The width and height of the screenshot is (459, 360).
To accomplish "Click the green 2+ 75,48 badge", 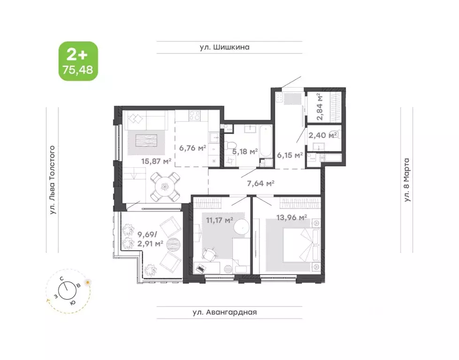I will point(78,61).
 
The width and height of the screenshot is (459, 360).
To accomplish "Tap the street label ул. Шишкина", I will point(229,47).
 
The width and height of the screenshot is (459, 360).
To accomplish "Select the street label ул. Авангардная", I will point(229,312).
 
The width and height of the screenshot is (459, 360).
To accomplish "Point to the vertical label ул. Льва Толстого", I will point(53,180).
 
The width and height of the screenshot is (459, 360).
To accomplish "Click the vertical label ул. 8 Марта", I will point(407,180).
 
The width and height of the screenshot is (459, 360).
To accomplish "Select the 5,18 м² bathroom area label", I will point(245,151).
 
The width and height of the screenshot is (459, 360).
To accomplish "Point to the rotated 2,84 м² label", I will point(320,107).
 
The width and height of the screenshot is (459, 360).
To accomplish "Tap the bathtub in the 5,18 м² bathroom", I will point(265,141).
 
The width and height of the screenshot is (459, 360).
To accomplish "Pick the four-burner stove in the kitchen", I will point(193,115).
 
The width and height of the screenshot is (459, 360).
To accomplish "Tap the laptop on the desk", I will point(201,269).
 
